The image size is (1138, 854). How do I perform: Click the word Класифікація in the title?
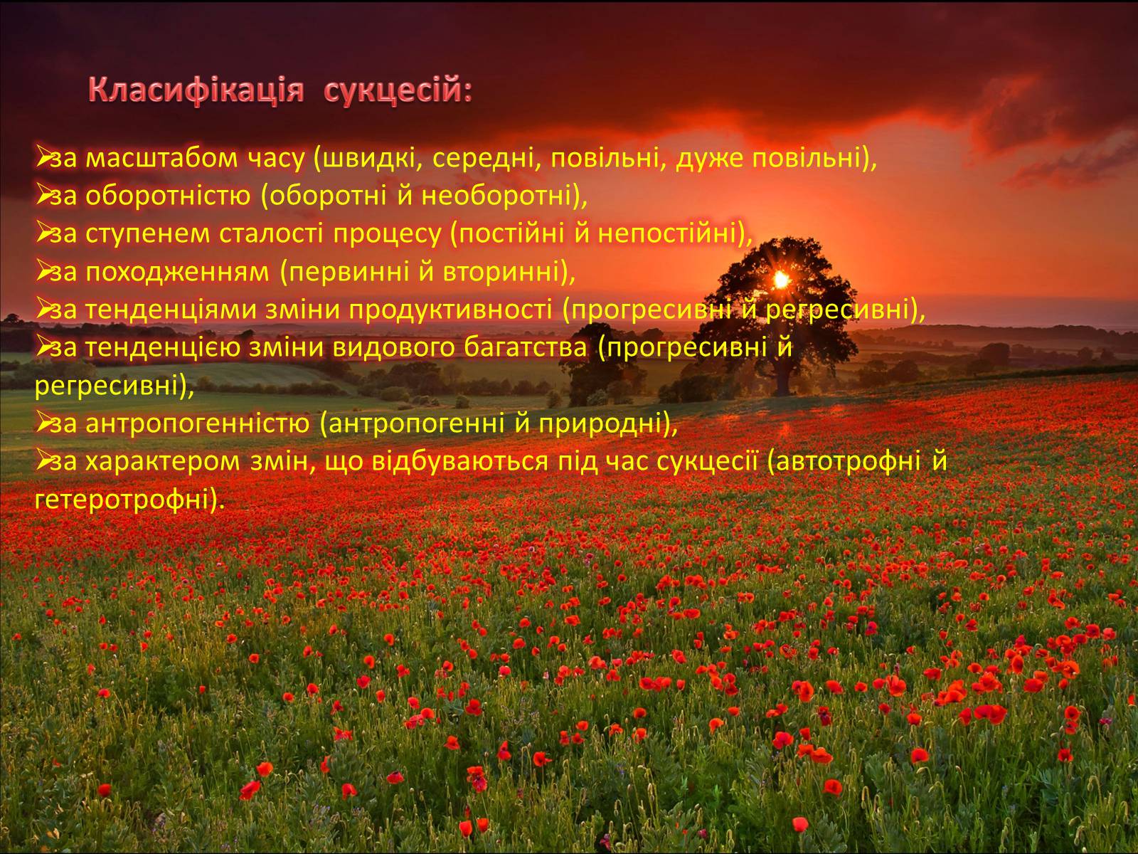pos(196,92)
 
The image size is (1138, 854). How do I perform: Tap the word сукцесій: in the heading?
pos(398,92)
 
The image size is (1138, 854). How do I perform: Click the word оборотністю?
pos(168,196)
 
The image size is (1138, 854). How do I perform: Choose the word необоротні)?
pos(504,196)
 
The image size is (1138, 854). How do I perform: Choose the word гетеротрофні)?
pos(130,500)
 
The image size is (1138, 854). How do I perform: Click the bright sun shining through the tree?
pos(781,280)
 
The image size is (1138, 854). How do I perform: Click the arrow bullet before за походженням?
pos(43,270)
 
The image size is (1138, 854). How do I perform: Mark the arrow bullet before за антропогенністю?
pos(43,423)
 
